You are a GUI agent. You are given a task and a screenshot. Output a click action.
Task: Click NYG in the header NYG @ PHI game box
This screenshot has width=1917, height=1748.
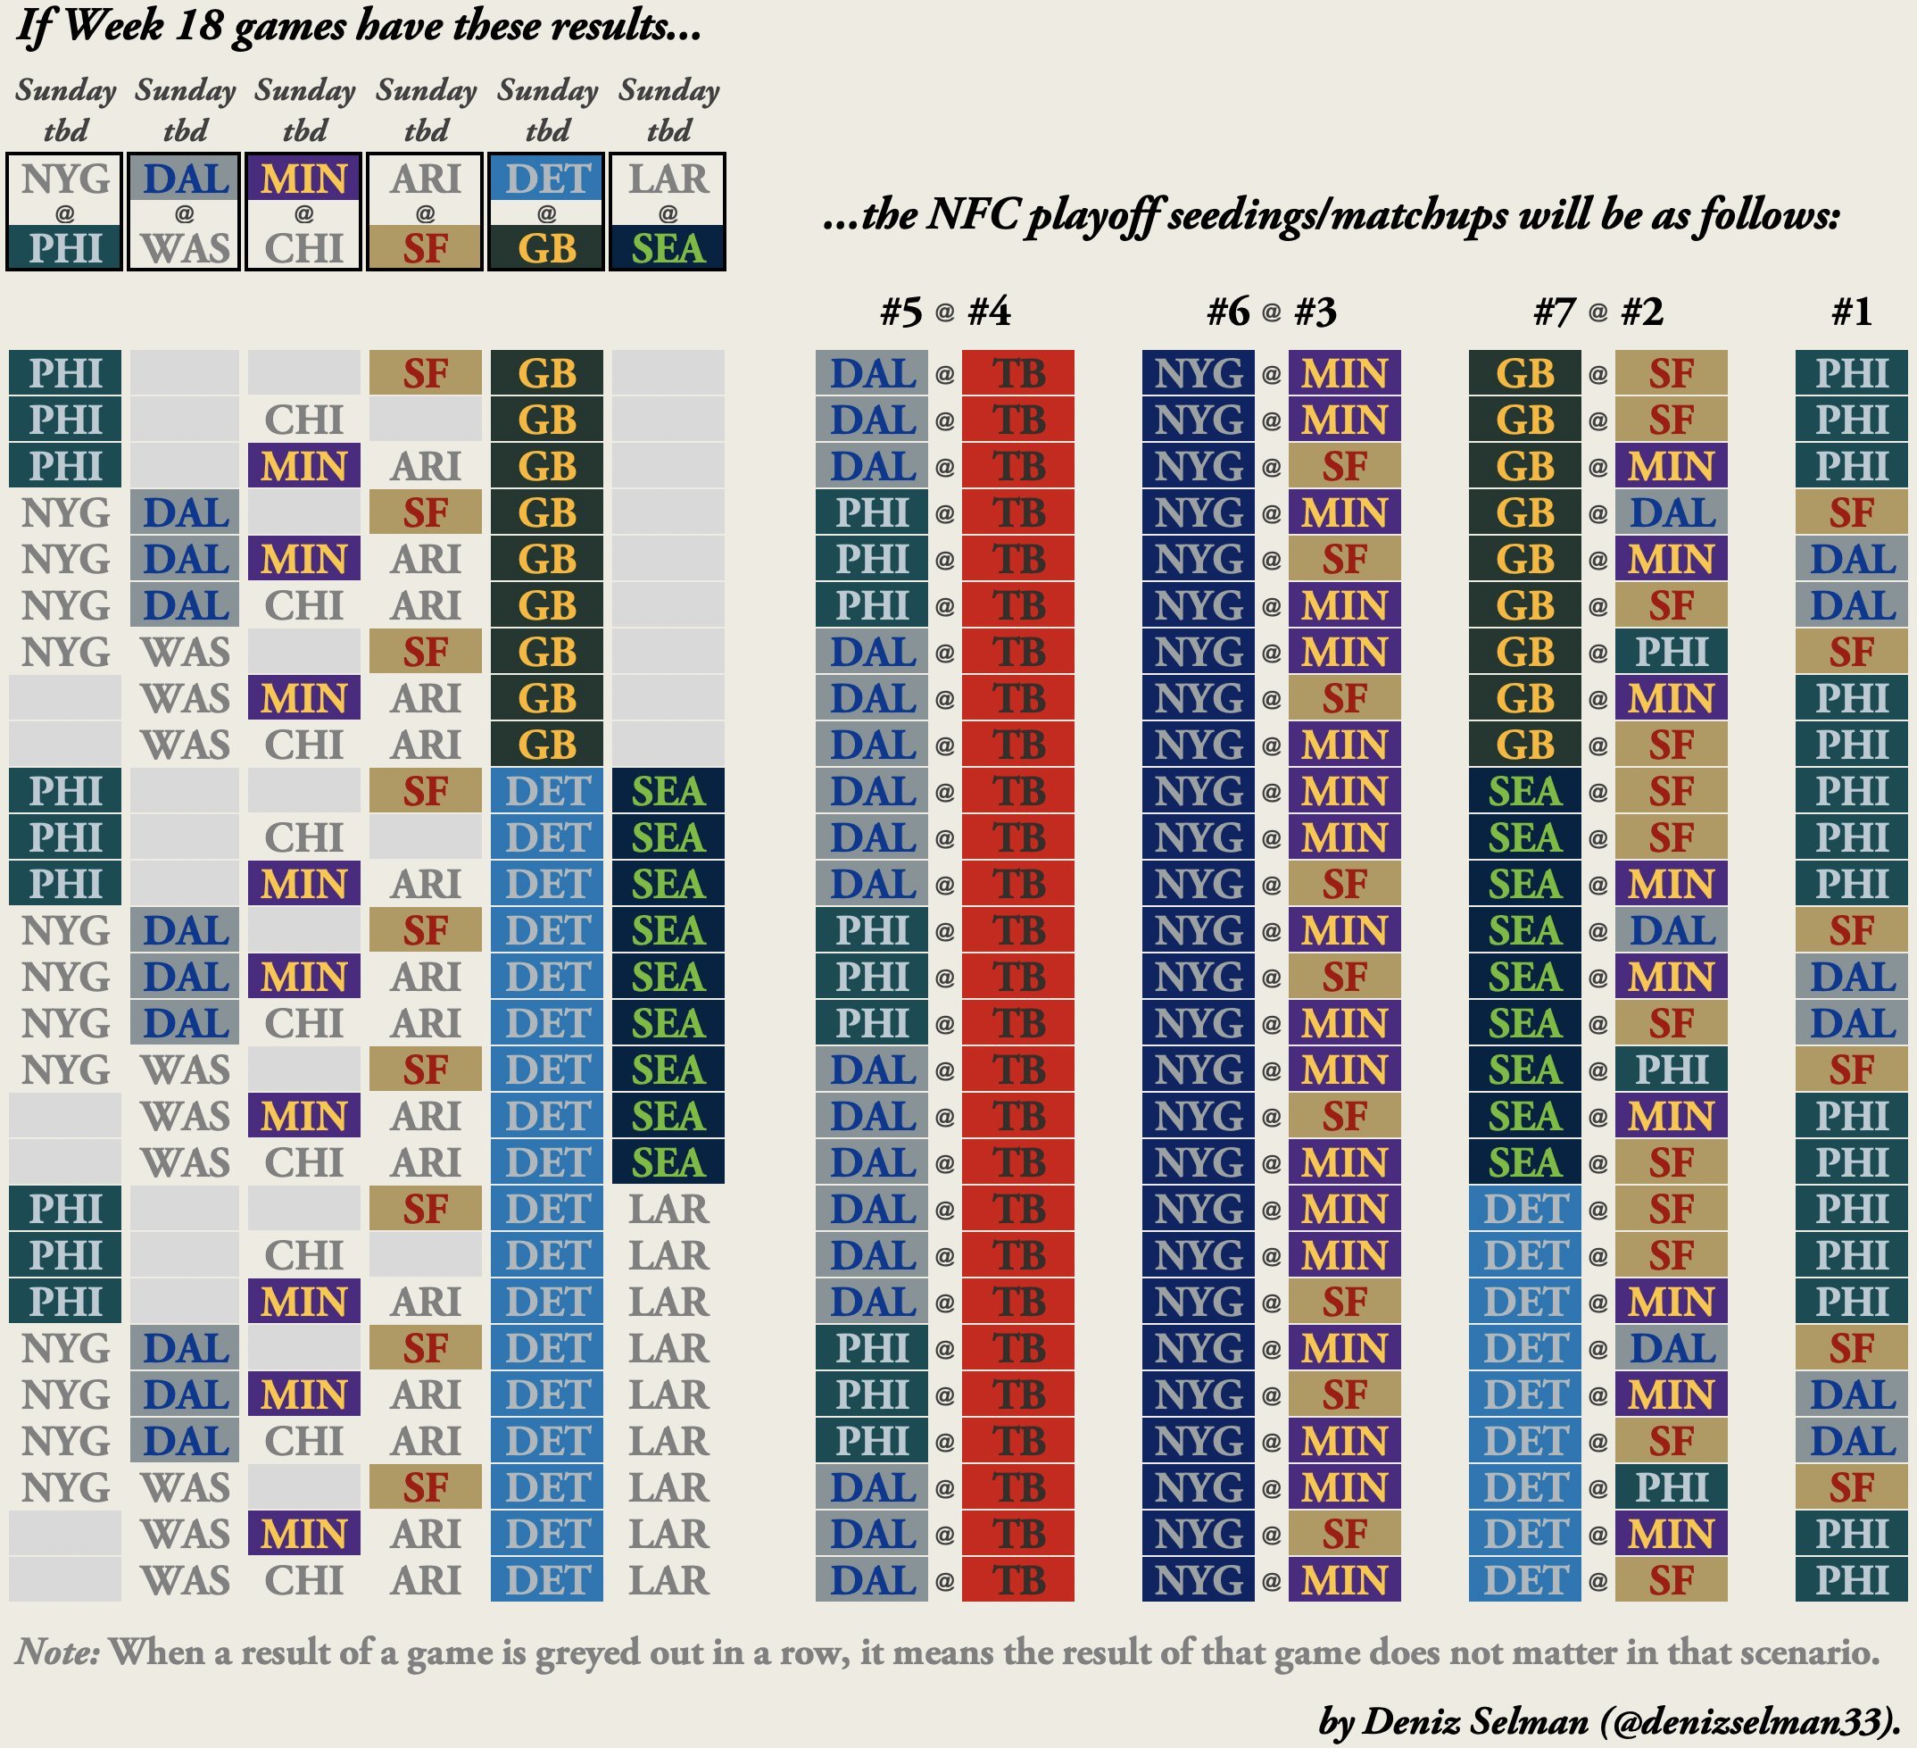pos(64,179)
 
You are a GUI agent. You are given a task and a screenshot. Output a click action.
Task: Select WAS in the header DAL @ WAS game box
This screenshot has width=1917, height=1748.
pos(185,248)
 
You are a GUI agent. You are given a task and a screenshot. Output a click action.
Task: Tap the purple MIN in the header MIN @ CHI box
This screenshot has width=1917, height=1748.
pos(303,179)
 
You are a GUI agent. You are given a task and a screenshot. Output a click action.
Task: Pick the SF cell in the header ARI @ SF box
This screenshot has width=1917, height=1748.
pos(425,248)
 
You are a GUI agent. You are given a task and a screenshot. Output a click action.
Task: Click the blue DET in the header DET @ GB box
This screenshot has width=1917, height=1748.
pos(547,179)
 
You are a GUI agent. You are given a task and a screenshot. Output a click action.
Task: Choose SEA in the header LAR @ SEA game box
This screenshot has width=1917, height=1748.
pos(668,248)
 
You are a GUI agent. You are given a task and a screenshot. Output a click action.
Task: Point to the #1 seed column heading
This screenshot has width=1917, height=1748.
pos(1850,311)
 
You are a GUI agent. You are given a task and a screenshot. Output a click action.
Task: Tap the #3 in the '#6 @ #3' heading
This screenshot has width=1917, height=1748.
pos(1315,311)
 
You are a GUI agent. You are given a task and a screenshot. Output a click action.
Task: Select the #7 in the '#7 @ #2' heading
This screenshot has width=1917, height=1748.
pos(1555,311)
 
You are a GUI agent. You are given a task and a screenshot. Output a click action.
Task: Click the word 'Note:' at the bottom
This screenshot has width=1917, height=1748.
pos(57,1652)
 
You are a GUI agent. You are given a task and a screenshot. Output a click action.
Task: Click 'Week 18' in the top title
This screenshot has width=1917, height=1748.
pos(144,26)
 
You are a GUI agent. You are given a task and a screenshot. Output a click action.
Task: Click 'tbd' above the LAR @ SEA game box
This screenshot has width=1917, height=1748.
pos(668,130)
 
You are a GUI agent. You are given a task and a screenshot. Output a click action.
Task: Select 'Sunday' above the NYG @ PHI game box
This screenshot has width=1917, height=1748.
pos(64,90)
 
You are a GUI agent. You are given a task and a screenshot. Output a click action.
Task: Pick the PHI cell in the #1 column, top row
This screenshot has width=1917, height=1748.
pos(1850,373)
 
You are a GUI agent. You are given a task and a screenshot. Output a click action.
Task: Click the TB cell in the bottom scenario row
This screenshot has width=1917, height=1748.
pos(1017,1579)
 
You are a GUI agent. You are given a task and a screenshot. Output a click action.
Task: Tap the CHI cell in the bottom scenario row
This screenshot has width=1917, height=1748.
pos(303,1579)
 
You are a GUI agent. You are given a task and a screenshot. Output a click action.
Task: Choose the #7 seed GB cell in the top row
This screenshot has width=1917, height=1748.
pos(1524,373)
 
